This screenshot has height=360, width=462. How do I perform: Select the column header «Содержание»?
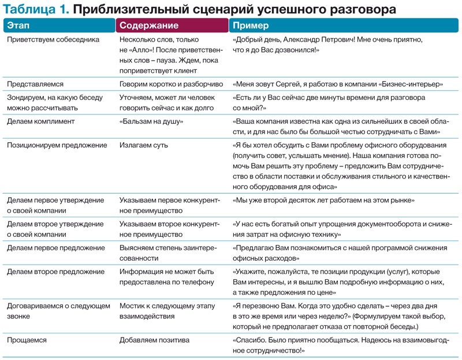pyautogui.click(x=149, y=26)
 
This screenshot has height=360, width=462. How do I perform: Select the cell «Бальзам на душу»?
pyautogui.click(x=151, y=122)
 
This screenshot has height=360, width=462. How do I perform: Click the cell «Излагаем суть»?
pyautogui.click(x=144, y=145)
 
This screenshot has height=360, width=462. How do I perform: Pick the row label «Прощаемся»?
pyautogui.click(x=27, y=340)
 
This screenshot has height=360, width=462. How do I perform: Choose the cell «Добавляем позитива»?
pyautogui.click(x=154, y=340)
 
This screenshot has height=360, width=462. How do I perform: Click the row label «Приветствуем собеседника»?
pyautogui.click(x=53, y=40)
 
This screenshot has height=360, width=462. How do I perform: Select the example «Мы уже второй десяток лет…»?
pyautogui.click(x=323, y=200)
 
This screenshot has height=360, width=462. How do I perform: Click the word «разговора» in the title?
pyautogui.click(x=363, y=10)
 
